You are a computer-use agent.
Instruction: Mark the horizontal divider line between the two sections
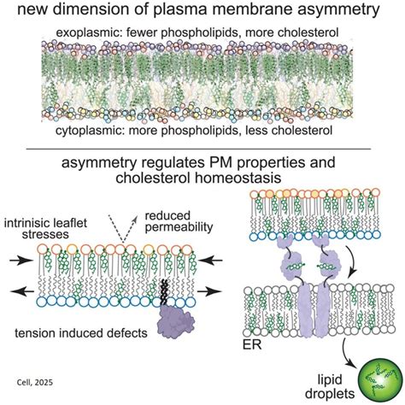[202, 147]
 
